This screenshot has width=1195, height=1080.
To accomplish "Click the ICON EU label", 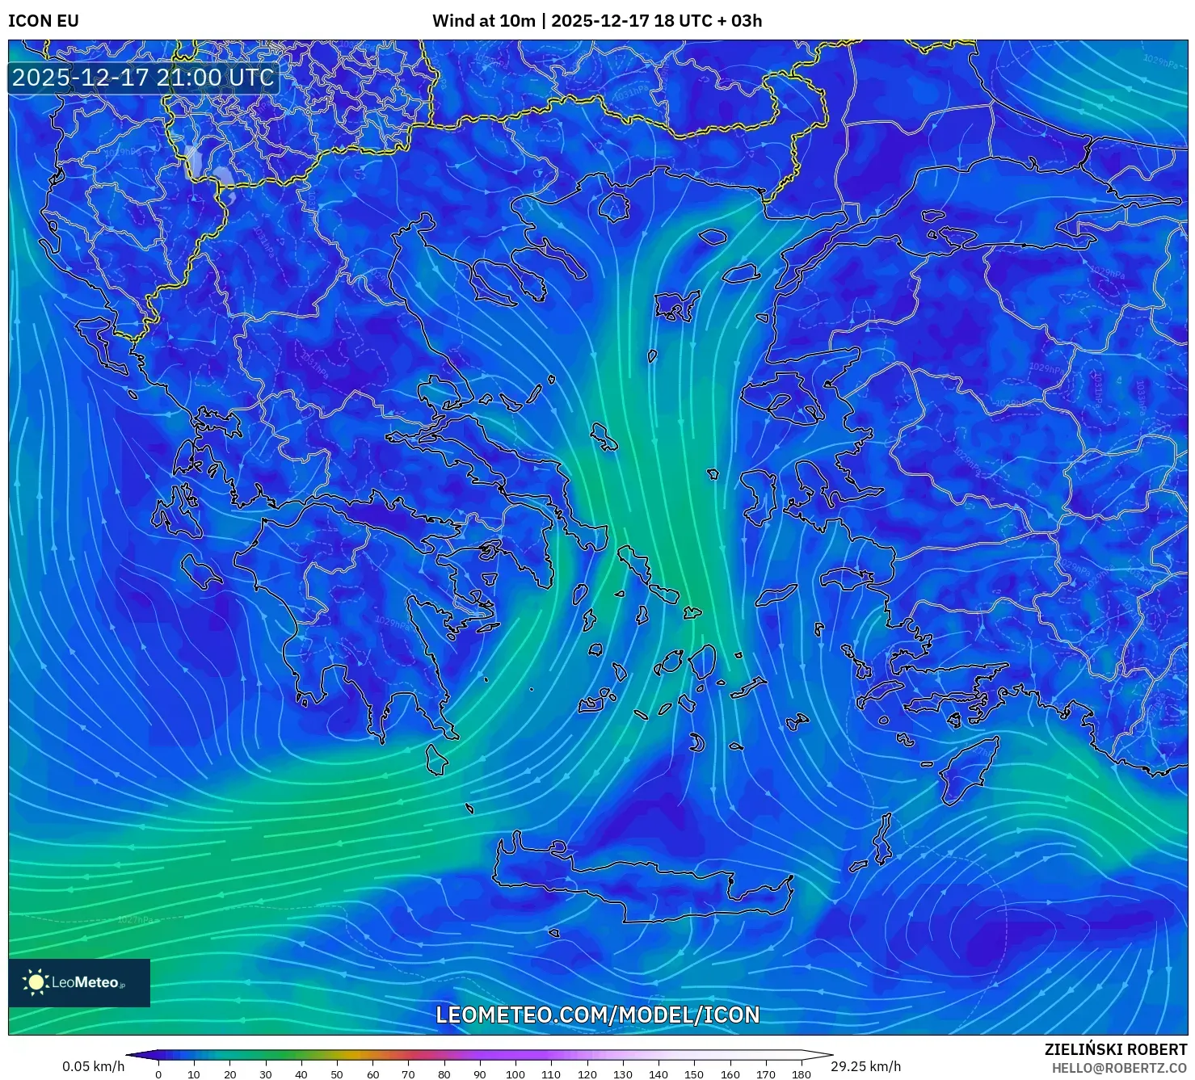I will tap(44, 21).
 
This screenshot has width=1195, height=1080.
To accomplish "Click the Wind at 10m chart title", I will tap(596, 21).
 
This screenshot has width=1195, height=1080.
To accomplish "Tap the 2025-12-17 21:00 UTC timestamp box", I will tap(143, 78).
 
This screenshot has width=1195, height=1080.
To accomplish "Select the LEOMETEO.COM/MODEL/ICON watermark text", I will tap(597, 1015).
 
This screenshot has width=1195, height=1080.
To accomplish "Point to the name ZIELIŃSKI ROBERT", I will tap(1115, 1049).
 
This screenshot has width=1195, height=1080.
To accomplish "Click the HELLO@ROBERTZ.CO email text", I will tap(1119, 1068).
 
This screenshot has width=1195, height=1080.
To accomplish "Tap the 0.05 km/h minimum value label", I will tap(93, 1066).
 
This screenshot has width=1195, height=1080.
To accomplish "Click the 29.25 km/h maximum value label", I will tap(865, 1066).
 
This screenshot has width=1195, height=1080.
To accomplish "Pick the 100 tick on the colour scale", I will tap(515, 1074).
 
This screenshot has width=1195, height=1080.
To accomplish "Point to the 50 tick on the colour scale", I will tap(337, 1074).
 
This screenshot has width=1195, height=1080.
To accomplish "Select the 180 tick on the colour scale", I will tap(801, 1074).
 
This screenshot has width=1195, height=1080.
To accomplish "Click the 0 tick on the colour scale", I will tap(158, 1074).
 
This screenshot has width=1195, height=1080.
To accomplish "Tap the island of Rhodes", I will tap(966, 770).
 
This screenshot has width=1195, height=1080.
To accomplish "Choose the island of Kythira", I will tap(436, 759).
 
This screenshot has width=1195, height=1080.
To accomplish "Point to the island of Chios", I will tap(758, 494).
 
